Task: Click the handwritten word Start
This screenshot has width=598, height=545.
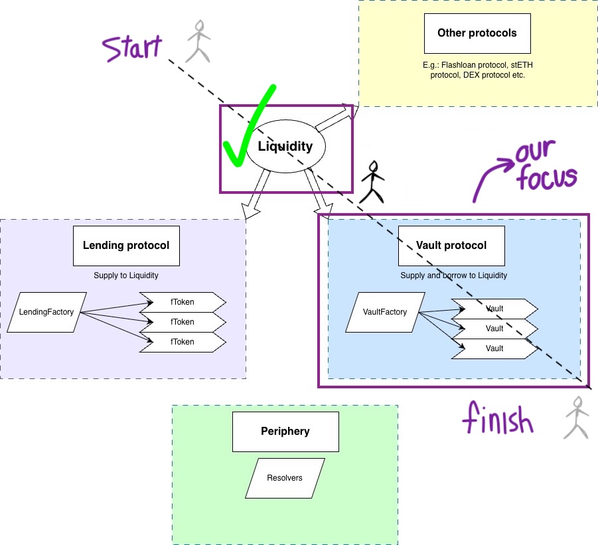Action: pos(132,48)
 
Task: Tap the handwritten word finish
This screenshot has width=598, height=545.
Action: pos(498,418)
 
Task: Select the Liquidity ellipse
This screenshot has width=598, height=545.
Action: pos(285,147)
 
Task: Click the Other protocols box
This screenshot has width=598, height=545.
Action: pos(477,34)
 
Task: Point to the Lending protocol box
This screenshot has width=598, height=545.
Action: pos(126,246)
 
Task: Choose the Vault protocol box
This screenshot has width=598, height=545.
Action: pos(451,246)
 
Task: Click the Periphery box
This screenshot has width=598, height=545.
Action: pos(285,431)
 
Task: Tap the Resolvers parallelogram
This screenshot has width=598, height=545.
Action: pos(285,478)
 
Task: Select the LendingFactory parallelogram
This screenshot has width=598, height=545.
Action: pos(46,313)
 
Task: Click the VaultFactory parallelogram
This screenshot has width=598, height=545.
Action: pos(385,313)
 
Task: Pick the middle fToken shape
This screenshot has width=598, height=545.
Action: pos(183,322)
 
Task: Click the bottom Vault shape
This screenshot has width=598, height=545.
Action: pos(494,349)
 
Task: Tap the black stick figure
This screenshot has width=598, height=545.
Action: pos(372,183)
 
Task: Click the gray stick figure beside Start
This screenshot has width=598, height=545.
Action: pos(198,41)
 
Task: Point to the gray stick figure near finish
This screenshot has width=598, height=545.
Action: pos(577,418)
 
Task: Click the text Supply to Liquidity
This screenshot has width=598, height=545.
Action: pos(126,275)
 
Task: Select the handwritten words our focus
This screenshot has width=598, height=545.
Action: pos(546,165)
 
